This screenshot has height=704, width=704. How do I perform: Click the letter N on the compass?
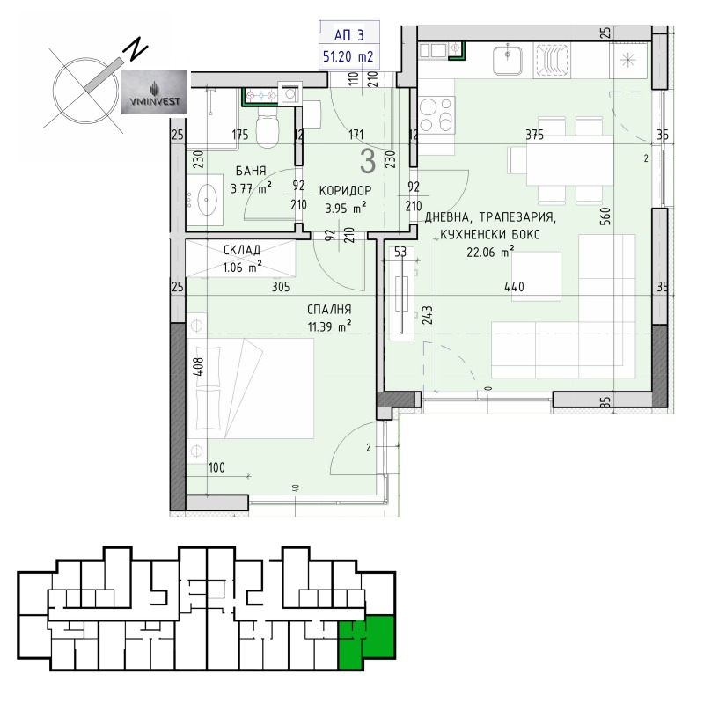(135, 50)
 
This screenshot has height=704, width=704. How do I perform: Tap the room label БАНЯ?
(252, 172)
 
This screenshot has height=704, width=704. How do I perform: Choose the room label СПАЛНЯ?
(329, 310)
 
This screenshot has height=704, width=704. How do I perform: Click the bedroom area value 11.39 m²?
(329, 326)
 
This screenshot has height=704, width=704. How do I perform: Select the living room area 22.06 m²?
(490, 252)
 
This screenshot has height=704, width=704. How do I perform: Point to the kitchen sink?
(510, 61)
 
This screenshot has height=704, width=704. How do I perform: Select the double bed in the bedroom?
(251, 388)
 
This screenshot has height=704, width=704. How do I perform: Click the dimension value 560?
(605, 217)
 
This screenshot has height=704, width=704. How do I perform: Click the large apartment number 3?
(368, 161)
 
